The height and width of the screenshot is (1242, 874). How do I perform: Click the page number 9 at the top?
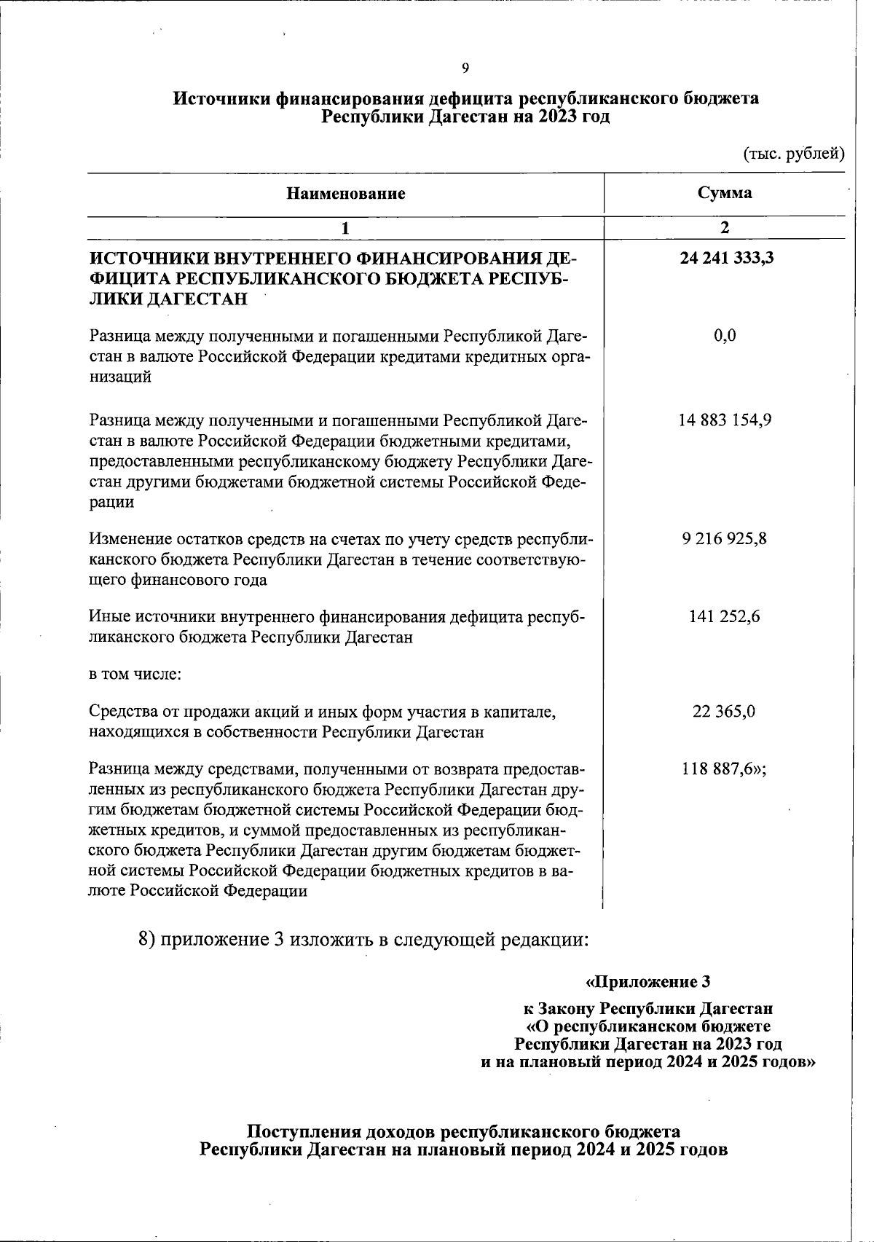pyautogui.click(x=465, y=68)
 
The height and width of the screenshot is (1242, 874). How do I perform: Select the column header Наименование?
pyautogui.click(x=345, y=194)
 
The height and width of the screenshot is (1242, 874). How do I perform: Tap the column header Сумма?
pyautogui.click(x=724, y=193)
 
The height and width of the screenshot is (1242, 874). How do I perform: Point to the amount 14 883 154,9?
pyautogui.click(x=725, y=420)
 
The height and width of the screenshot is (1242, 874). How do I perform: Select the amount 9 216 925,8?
pyautogui.click(x=725, y=539)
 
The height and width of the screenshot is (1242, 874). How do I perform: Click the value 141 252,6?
pyautogui.click(x=725, y=616)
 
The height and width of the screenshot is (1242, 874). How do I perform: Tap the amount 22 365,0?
pyautogui.click(x=725, y=711)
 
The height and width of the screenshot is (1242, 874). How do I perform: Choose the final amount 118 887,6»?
pyautogui.click(x=725, y=769)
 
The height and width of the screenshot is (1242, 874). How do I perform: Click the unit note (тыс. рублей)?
pyautogui.click(x=793, y=153)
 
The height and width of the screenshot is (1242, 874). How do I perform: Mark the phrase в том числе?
pyautogui.click(x=135, y=674)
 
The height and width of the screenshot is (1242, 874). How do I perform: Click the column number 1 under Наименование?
pyautogui.click(x=345, y=227)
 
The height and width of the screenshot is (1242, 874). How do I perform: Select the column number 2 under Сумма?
pyautogui.click(x=724, y=227)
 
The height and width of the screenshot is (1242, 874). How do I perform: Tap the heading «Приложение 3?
pyautogui.click(x=647, y=982)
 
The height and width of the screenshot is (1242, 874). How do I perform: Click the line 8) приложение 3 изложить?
pyautogui.click(x=363, y=938)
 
